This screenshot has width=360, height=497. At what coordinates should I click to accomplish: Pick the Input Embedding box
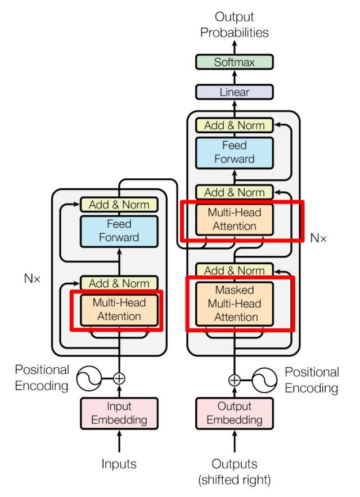coord(119,413)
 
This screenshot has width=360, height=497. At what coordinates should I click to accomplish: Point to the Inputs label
coord(119,464)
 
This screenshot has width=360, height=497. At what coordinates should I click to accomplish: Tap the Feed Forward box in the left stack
coord(119,231)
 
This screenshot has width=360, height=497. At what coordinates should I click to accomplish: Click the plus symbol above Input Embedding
coord(119,378)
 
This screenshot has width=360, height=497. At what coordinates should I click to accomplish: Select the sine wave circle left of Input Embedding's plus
coord(91,378)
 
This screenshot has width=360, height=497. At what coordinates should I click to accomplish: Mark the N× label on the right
coord(319,237)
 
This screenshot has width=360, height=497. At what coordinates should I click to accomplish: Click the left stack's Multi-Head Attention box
coord(119,309)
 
